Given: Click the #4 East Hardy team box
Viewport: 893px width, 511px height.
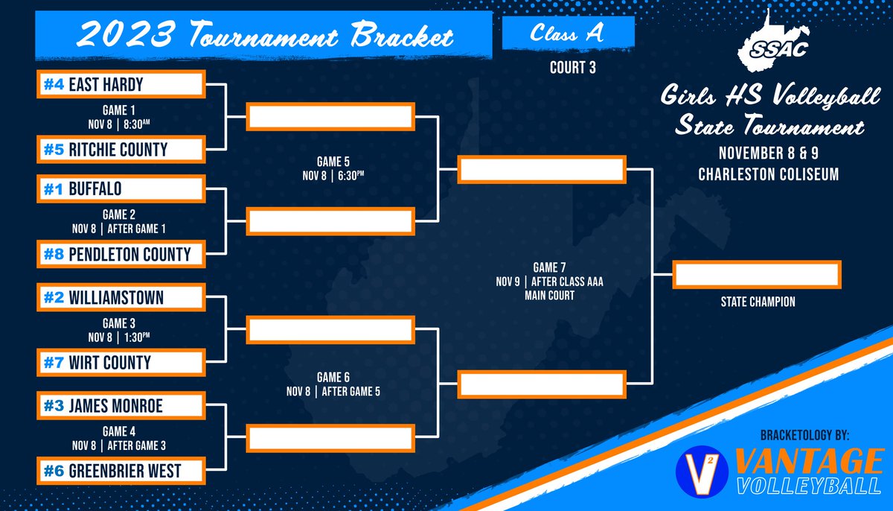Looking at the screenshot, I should [x=121, y=84].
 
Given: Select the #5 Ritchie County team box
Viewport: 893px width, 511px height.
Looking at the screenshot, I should [x=121, y=149].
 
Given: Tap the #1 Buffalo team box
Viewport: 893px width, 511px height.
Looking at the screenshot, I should [x=121, y=188].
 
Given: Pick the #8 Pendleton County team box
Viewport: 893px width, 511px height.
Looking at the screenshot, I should [x=121, y=254].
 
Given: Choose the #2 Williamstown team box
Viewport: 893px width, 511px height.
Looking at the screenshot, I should [x=121, y=298].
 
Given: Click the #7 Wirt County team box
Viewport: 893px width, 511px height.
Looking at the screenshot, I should [x=121, y=363].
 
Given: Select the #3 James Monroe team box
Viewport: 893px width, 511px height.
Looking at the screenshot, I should [x=121, y=406].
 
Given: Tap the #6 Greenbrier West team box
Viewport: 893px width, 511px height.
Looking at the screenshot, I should [x=121, y=471].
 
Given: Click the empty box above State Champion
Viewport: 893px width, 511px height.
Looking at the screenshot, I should [x=757, y=274].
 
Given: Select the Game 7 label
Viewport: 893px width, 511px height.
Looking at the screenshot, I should [x=548, y=266].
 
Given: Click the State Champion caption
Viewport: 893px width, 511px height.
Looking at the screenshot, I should [x=758, y=302].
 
